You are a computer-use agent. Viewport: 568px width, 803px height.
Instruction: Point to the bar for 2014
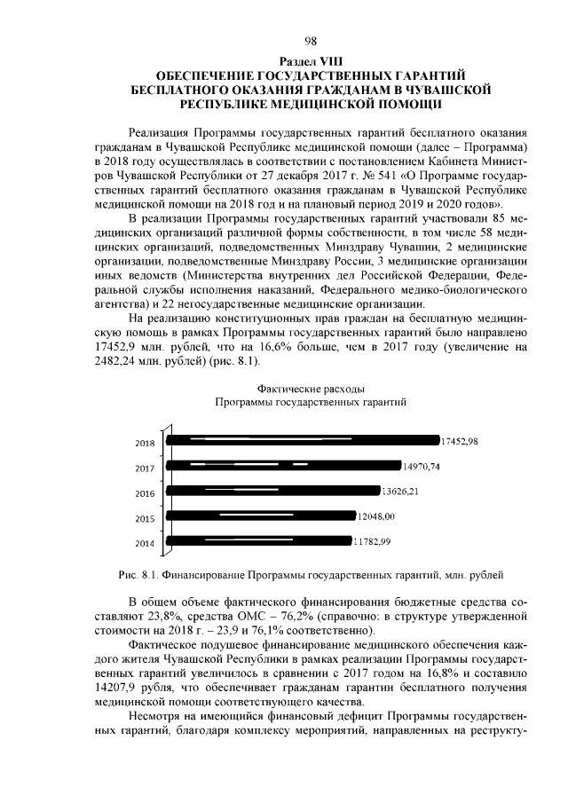click(258, 539)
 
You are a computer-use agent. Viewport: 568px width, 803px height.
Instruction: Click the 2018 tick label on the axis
click(145, 443)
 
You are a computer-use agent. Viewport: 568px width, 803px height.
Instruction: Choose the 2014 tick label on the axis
click(145, 543)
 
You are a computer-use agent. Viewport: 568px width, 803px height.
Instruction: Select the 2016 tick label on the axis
click(145, 493)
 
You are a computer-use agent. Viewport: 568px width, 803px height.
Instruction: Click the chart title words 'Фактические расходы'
click(310, 389)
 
